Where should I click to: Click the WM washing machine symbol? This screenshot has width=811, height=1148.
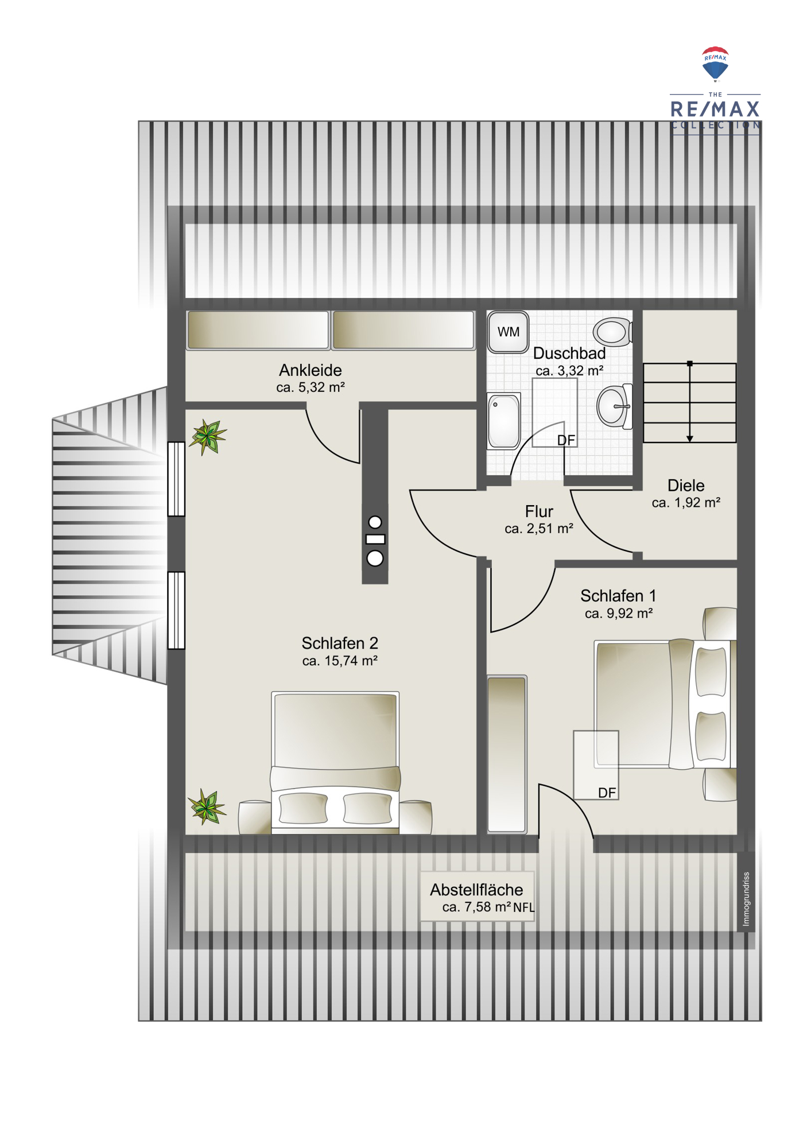508,332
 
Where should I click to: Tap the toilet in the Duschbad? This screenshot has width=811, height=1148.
613,332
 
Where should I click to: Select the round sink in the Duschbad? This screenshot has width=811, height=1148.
615,406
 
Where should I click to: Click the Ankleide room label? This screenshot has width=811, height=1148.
311,370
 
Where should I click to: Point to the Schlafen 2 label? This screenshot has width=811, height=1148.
340,643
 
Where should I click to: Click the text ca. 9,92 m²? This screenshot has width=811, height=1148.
619,613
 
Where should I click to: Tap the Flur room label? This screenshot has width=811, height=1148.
539,511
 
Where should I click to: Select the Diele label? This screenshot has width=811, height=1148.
686,486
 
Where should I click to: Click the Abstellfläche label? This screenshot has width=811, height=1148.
476,890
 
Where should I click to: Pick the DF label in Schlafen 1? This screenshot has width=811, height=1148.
607,793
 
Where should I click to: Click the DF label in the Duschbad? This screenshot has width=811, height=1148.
566,440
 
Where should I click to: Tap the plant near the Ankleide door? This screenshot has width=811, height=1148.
208,437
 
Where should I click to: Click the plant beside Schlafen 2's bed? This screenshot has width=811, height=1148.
207,806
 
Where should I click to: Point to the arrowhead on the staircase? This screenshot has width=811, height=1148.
690,439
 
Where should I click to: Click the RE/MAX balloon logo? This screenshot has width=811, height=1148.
715,64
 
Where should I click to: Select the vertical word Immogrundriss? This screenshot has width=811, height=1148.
746,899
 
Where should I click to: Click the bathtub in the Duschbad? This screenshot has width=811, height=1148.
504,421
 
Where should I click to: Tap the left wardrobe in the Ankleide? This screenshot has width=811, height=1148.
258,330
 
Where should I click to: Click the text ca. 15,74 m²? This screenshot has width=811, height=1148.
340,661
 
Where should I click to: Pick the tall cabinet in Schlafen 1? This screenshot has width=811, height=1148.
507,754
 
